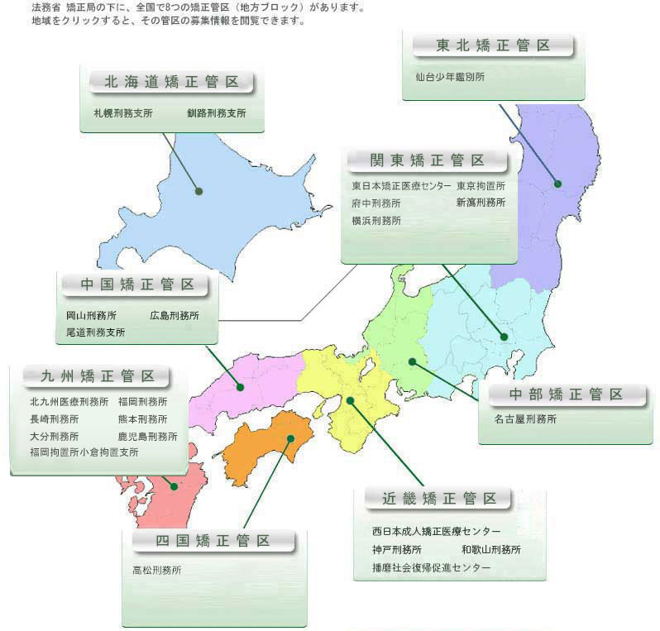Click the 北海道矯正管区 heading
click(x=171, y=82)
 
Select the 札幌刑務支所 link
click(x=123, y=113)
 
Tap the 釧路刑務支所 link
click(x=216, y=113)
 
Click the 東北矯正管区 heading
click(x=493, y=45)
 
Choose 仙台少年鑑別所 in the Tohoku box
click(x=450, y=76)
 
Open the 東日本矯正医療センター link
click(x=401, y=186)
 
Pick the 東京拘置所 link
click(x=481, y=186)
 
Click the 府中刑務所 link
click(x=376, y=203)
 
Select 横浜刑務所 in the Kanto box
click(x=376, y=221)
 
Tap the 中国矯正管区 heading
click(x=137, y=285)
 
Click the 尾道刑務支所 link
click(x=96, y=332)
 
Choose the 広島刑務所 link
click(x=175, y=315)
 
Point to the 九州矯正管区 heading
click(x=99, y=376)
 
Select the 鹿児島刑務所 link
click(x=148, y=436)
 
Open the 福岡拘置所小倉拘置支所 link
click(x=84, y=452)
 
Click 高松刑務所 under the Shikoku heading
click(x=156, y=570)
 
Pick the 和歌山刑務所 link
click(x=491, y=549)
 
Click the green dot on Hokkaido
click(x=199, y=191)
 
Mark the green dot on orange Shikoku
click(x=289, y=438)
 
